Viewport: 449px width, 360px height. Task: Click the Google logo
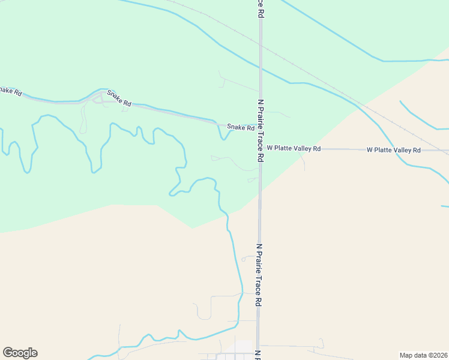[x=20, y=353]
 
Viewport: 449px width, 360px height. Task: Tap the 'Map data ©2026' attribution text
[x=423, y=355]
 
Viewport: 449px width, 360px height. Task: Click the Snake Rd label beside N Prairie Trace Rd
[x=240, y=127]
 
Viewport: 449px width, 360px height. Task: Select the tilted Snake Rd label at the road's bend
[x=119, y=98]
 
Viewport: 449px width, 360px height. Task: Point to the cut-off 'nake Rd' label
[x=11, y=91]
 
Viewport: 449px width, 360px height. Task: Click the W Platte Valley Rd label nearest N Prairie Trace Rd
[x=294, y=148]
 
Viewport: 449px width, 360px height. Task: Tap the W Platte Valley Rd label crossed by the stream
[x=393, y=149]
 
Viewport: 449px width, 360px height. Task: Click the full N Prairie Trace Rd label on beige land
[x=260, y=275]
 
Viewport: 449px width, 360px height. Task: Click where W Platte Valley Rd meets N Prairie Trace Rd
[x=261, y=148]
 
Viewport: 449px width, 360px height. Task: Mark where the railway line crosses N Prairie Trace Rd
[x=261, y=44]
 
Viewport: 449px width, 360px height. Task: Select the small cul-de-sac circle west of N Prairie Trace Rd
[x=244, y=259]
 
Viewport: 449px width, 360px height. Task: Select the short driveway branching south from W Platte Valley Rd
[x=303, y=160]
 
